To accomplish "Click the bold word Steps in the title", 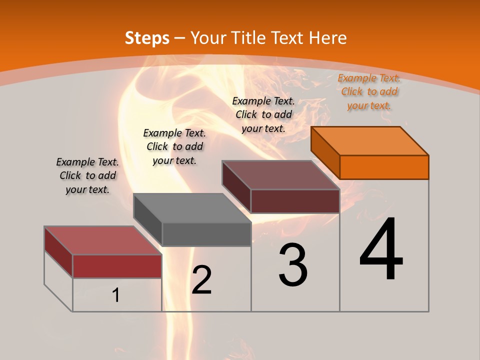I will coord(147,38).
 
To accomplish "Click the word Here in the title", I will coord(327,38).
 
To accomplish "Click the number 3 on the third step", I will coord(293,264).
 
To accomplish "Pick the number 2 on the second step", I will coord(201,280).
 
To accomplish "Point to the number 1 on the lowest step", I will coord(116,295).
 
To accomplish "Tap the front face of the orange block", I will coord(384,167).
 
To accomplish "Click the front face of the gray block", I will coord(206,234).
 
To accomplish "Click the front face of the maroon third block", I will coord(295,201).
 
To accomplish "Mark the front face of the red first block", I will coord(117,266).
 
